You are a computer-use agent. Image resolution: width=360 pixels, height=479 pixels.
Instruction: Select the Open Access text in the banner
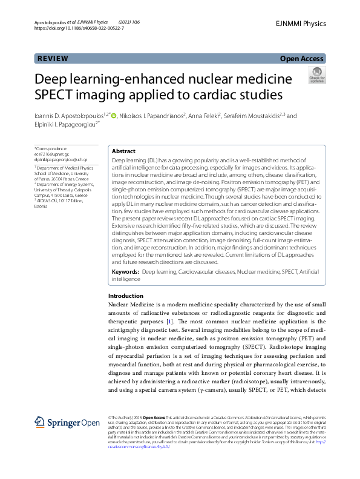click(302, 59)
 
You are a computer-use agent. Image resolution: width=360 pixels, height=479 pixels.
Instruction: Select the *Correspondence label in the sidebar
click(50, 148)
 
